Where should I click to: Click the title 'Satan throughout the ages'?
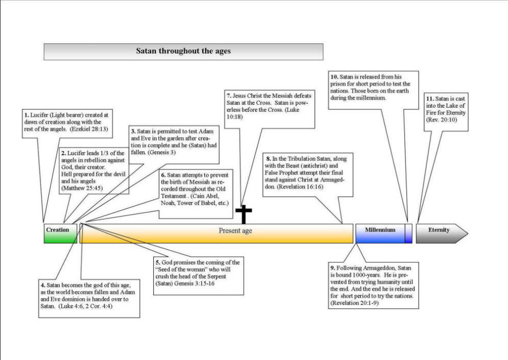point(183,51)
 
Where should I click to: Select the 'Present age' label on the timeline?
point(235,231)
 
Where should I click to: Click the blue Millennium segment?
point(380,233)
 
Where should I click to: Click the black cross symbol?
point(243,214)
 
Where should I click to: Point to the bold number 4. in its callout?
point(43,285)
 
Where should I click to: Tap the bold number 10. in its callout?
point(334,77)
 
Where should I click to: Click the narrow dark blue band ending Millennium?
point(408,233)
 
